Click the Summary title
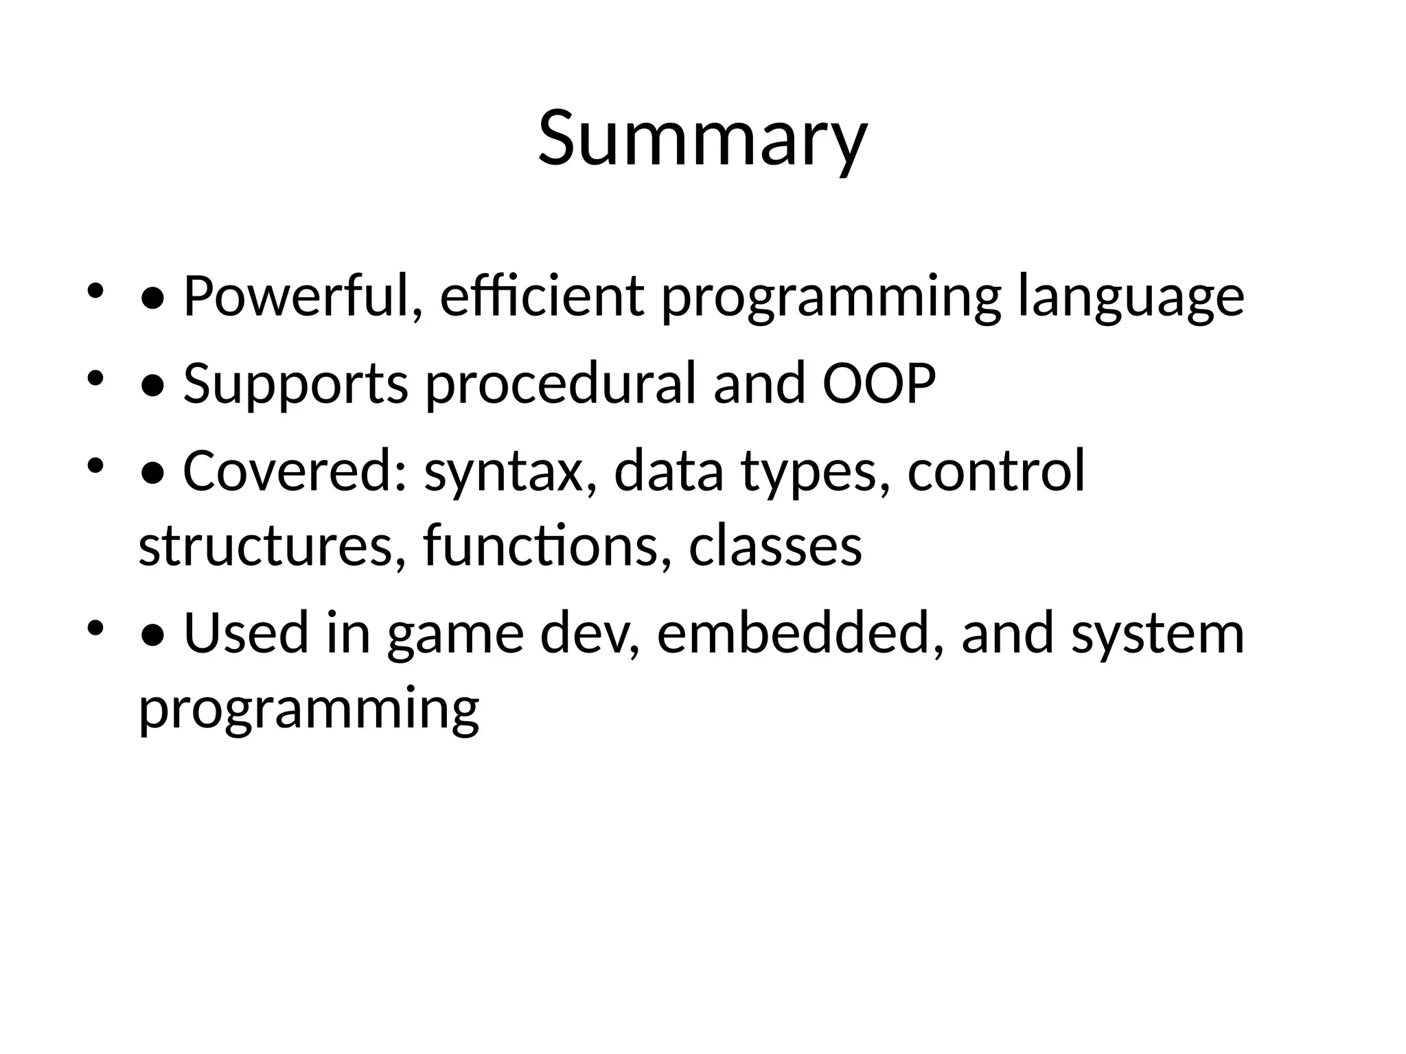pos(702,139)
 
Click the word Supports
pos(296,384)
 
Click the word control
pos(996,471)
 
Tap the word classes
pos(775,546)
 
